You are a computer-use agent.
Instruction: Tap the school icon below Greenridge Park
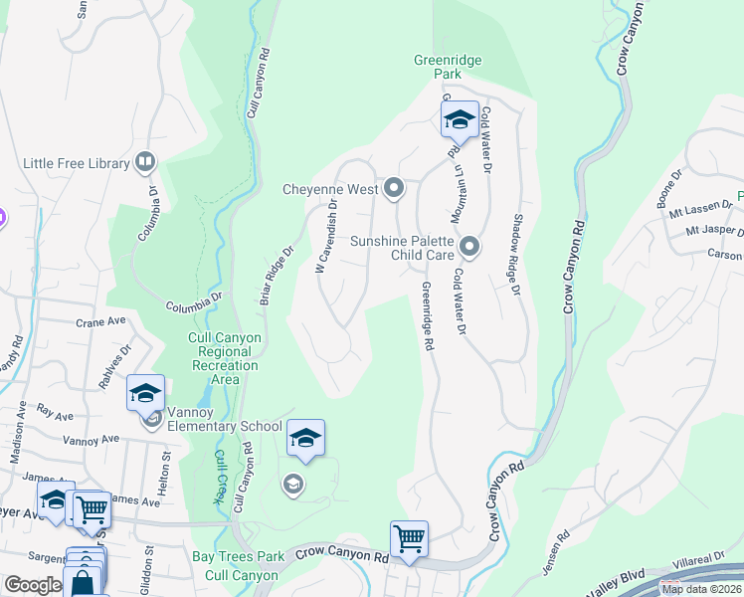click(460, 121)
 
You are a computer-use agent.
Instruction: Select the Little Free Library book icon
click(145, 162)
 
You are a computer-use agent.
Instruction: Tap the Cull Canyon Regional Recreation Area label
click(225, 358)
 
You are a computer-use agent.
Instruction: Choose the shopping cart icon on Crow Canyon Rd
click(409, 539)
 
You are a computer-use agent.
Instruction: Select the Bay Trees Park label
click(239, 556)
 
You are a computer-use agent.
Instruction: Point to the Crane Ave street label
click(101, 321)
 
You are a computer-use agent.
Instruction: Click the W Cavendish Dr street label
click(326, 236)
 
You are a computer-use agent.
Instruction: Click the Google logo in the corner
click(32, 585)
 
